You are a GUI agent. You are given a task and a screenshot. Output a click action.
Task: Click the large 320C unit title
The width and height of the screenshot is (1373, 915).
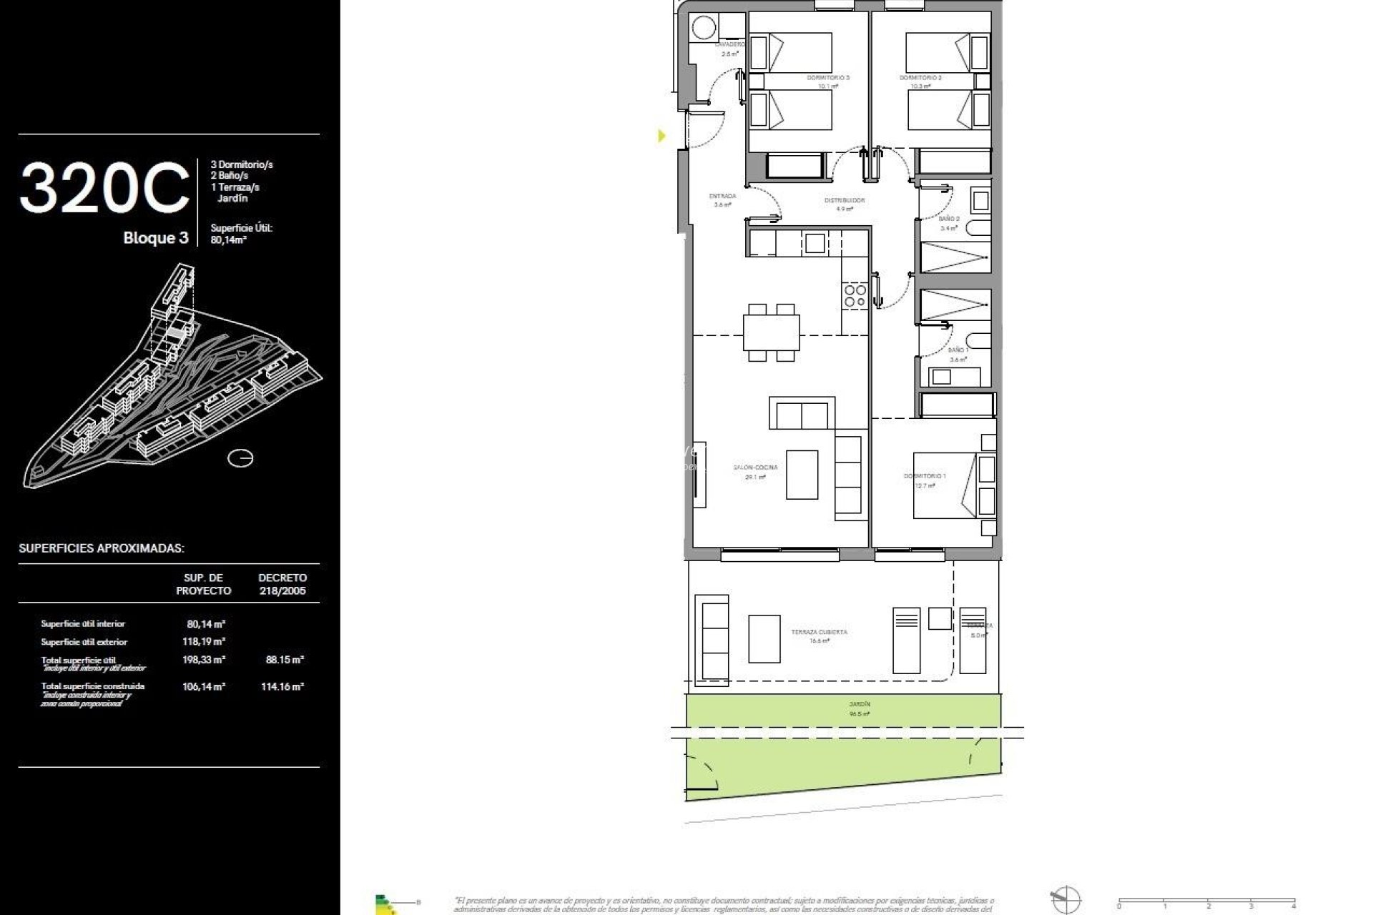(x=104, y=188)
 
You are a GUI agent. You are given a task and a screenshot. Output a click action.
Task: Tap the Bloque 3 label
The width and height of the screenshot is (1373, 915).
(x=155, y=238)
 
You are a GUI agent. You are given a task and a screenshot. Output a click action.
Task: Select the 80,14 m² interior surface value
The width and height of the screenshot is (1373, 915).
(x=206, y=624)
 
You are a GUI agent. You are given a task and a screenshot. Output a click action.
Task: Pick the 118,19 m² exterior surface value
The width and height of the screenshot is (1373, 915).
(x=205, y=642)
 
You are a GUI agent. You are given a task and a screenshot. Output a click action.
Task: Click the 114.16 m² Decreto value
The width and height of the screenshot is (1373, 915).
(x=283, y=686)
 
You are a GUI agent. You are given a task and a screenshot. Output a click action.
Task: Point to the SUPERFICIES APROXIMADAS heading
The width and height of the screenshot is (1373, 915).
(x=102, y=548)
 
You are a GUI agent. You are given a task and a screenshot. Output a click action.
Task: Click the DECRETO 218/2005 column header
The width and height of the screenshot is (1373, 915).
(x=282, y=584)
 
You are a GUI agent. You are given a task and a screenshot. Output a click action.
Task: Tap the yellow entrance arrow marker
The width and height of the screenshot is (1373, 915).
(x=661, y=135)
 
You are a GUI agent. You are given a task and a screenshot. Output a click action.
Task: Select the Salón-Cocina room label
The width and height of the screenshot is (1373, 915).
(x=755, y=468)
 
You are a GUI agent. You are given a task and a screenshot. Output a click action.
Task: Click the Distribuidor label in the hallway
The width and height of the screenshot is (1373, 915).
(x=845, y=201)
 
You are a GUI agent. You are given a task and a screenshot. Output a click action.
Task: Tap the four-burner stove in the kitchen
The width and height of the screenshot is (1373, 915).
(x=855, y=296)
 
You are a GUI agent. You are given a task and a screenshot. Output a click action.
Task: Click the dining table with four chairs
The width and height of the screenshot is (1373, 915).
(x=771, y=333)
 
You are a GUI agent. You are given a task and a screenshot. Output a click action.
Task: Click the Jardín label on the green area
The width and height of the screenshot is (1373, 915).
(x=860, y=704)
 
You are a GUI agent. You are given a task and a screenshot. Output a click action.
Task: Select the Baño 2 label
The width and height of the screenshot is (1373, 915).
(x=949, y=219)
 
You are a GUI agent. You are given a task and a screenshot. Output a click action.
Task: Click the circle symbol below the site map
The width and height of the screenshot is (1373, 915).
(x=240, y=457)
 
